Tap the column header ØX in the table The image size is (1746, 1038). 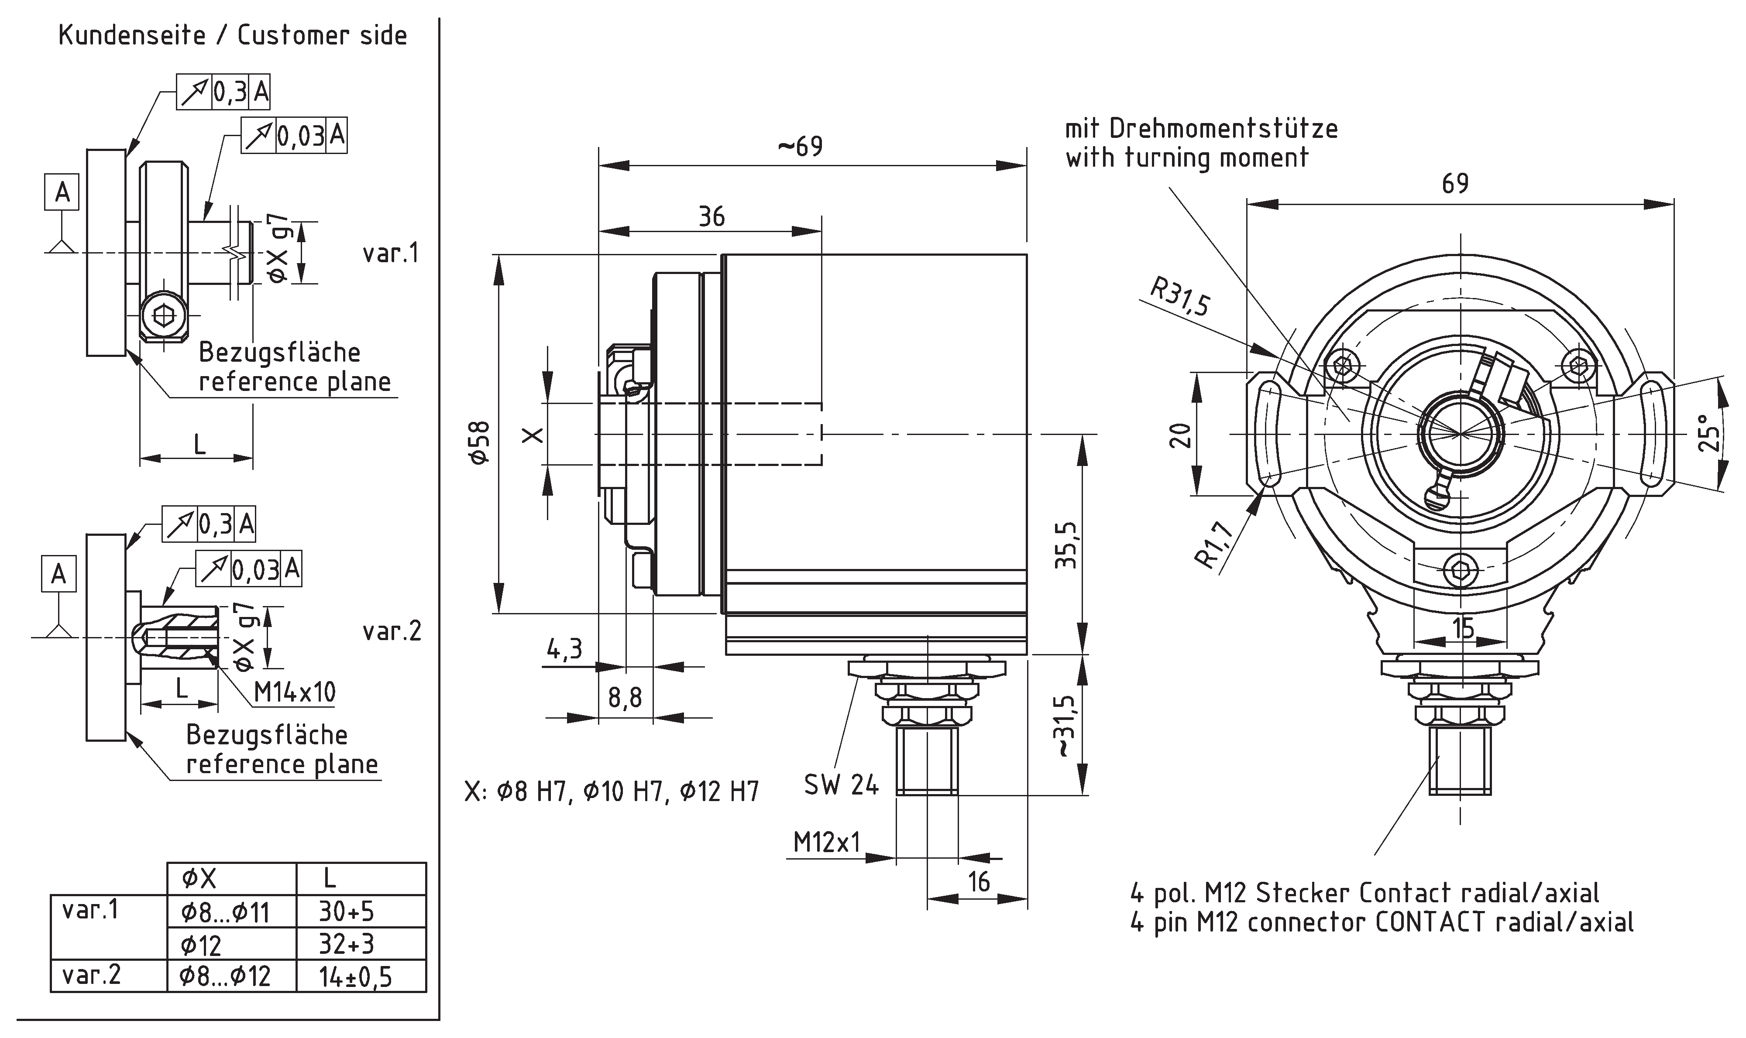pos(199,878)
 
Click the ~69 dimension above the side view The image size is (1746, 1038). pos(800,146)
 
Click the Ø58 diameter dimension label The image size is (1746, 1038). pos(480,442)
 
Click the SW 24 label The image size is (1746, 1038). pos(841,785)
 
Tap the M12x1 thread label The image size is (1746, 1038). pos(826,843)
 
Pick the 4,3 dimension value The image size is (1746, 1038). pos(564,649)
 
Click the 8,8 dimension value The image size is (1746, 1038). pos(625,697)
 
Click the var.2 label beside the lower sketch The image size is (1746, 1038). pos(392,632)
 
